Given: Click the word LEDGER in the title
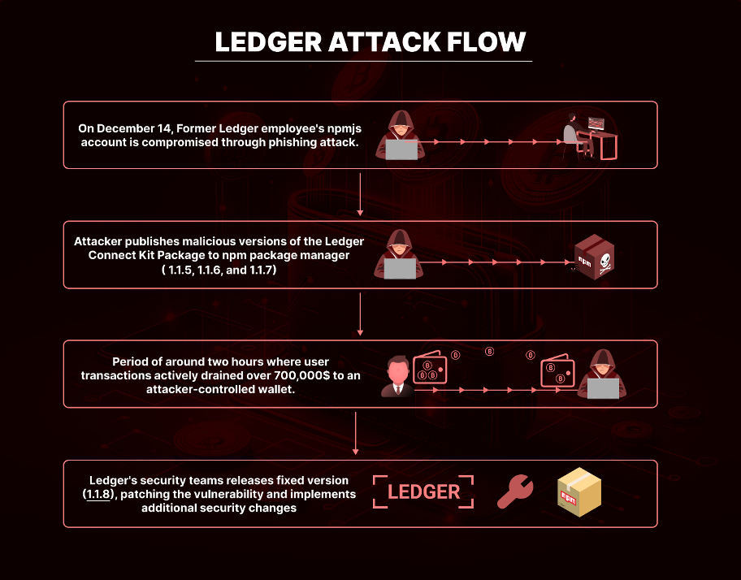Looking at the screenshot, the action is click(x=268, y=41).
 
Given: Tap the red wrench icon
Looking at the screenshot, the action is click(x=515, y=491).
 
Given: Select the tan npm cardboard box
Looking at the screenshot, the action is click(x=579, y=491).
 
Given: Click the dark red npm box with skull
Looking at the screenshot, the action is click(x=595, y=257).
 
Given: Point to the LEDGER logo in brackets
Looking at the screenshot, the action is click(x=423, y=491).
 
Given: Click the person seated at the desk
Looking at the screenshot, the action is click(x=578, y=136).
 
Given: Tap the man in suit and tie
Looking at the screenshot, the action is click(x=397, y=376).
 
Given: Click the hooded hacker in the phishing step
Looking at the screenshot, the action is click(x=401, y=136).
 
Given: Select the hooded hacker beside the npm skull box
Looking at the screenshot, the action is click(x=398, y=254).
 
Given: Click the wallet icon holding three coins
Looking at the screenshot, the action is click(x=430, y=367).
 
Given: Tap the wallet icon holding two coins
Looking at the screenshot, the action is click(x=557, y=370).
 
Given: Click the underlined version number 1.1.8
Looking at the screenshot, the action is click(x=99, y=494).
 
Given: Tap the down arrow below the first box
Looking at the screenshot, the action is click(x=360, y=194).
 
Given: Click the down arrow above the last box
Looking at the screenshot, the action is click(x=355, y=433).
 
